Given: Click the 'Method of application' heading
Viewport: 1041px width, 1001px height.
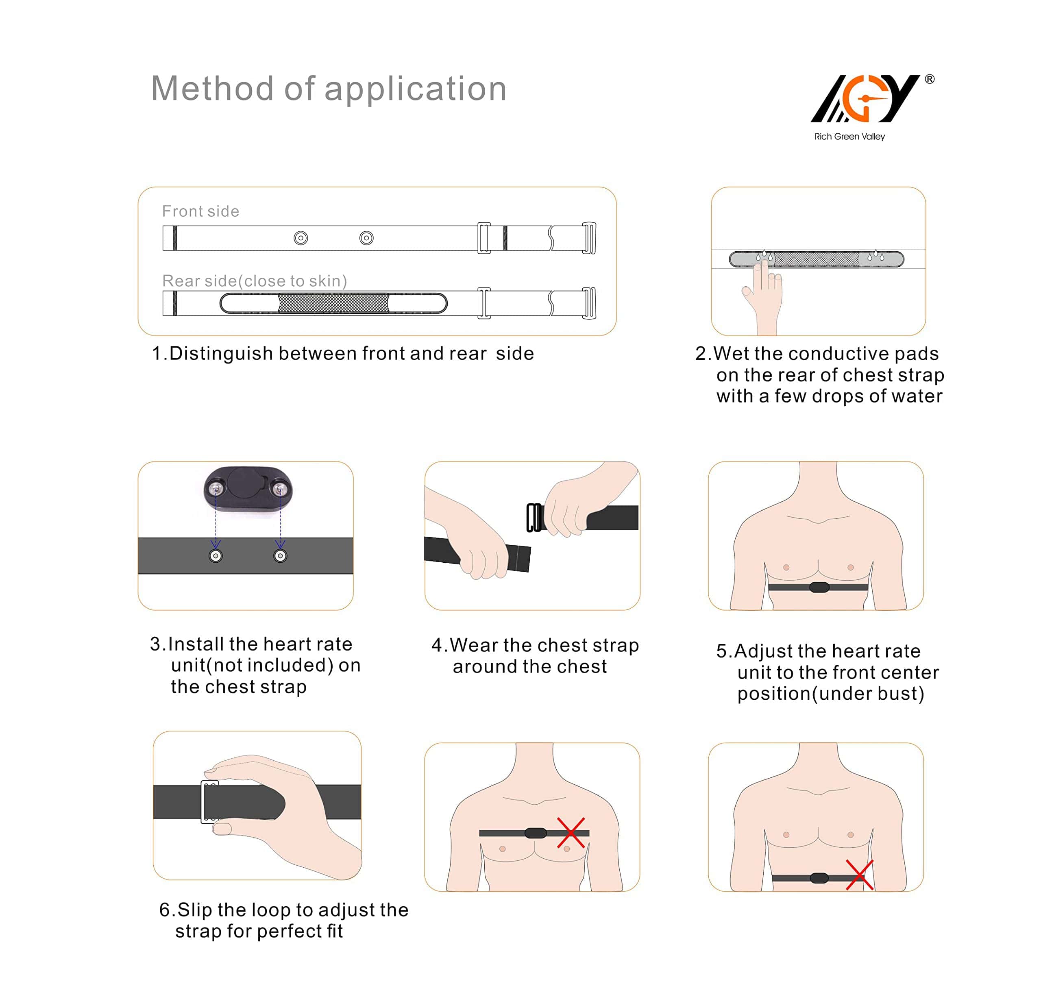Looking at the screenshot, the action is (329, 88).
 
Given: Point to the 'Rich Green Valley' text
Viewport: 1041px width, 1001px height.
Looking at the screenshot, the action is (850, 137).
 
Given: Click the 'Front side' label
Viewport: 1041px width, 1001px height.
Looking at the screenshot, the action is (201, 211).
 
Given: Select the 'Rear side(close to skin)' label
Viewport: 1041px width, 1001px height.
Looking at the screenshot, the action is (255, 281).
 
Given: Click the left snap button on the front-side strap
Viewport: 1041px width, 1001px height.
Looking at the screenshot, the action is (301, 238).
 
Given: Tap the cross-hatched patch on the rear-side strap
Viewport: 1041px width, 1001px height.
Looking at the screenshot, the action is (333, 303).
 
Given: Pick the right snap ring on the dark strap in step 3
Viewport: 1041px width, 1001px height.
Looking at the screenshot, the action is (281, 556).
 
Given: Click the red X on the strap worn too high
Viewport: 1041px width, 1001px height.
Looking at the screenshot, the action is (571, 833).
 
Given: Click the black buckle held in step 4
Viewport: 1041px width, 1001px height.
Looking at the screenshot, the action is (535, 517).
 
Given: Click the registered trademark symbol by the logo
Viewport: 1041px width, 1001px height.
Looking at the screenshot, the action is (930, 79).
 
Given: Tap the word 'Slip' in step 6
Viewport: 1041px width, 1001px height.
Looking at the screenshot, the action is (195, 910).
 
